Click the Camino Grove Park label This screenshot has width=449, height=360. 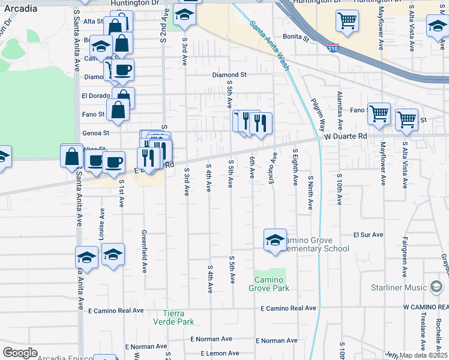[269, 284]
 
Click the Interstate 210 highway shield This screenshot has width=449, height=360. [331, 48]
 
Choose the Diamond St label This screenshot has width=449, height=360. [229, 75]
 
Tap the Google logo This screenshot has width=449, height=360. [20, 353]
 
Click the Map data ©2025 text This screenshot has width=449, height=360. [423, 355]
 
